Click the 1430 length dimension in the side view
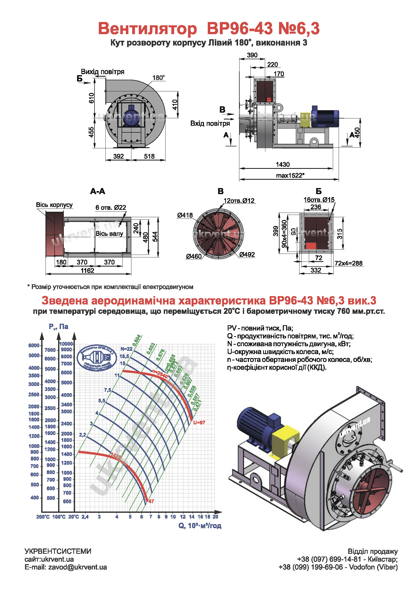pyautogui.click(x=283, y=165)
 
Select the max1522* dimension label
pyautogui.click(x=290, y=176)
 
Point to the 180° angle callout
pyautogui.click(x=158, y=78)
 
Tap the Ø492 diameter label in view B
pyautogui.click(x=247, y=254)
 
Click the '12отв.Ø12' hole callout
pyautogui.click(x=239, y=201)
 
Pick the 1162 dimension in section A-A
pyautogui.click(x=87, y=271)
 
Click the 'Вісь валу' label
pyautogui.click(x=109, y=234)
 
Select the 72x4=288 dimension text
pyautogui.click(x=349, y=263)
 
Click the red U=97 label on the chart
pyautogui.click(x=199, y=422)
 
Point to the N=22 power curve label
pyautogui.click(x=126, y=349)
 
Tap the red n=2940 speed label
pyautogui.click(x=160, y=374)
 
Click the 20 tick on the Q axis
pyautogui.click(x=215, y=517)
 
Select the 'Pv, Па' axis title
pyautogui.click(x=58, y=327)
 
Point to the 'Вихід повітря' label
pyautogui.click(x=102, y=72)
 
